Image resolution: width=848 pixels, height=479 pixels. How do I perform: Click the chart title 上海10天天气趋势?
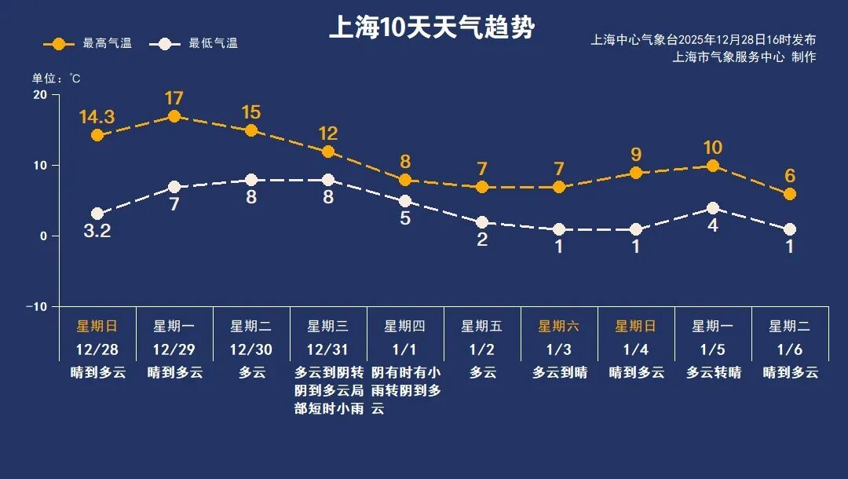tap(431, 28)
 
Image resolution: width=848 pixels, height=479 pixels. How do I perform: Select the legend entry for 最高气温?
tap(87, 43)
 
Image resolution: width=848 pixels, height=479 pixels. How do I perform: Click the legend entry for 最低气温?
tap(198, 43)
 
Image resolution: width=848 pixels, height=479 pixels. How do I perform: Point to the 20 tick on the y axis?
tap(38, 95)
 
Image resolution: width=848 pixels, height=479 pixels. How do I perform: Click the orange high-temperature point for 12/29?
tap(174, 116)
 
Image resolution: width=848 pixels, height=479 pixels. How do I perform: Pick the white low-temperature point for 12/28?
tap(97, 214)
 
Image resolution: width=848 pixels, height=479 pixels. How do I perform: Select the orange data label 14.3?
tap(97, 117)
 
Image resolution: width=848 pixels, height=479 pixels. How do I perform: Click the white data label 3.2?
tap(97, 232)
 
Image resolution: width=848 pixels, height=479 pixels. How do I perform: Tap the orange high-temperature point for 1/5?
tap(713, 166)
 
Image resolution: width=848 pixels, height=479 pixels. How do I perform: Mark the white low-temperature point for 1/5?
tap(713, 208)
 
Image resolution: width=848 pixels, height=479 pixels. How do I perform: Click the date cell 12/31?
tap(327, 349)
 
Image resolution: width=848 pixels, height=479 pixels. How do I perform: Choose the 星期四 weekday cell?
tap(404, 326)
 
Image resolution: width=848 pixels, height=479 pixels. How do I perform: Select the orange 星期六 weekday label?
tap(558, 326)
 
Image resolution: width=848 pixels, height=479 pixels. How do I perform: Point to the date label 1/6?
tap(789, 349)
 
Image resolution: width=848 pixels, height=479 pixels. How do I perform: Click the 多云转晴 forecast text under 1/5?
tap(713, 373)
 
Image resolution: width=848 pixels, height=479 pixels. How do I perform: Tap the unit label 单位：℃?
tap(56, 79)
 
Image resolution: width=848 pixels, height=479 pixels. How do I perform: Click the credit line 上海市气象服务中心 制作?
tap(744, 57)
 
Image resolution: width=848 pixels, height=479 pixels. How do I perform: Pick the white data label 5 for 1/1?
tap(405, 218)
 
